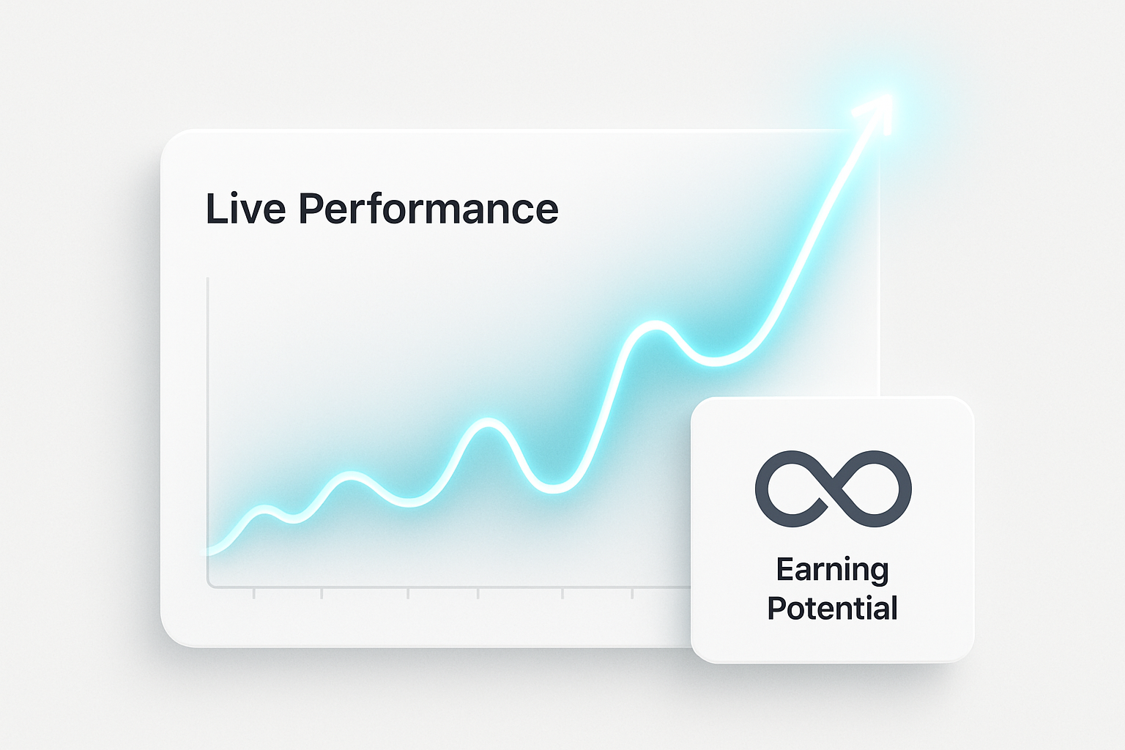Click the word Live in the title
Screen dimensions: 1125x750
(245, 208)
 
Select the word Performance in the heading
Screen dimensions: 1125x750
(428, 208)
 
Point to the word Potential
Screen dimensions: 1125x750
(832, 608)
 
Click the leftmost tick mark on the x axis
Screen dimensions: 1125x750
(254, 593)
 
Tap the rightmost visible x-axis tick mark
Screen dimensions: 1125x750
(632, 593)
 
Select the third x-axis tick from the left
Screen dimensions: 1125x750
(408, 593)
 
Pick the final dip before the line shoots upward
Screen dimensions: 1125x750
(715, 360)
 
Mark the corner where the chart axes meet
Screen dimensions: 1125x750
(208, 586)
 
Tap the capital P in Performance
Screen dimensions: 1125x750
(311, 208)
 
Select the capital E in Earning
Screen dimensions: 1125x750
(784, 568)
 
